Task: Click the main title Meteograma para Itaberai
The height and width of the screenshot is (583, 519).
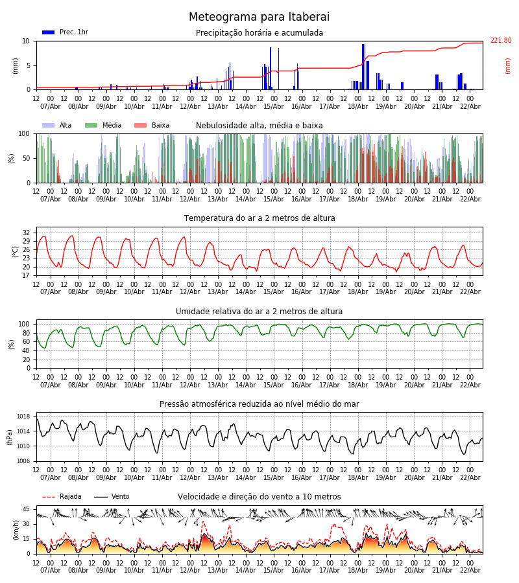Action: tap(259, 17)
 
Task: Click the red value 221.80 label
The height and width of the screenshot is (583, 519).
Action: tap(500, 41)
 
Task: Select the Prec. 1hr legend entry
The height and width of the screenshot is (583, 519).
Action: tap(65, 32)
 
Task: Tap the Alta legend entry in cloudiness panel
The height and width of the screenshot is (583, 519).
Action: tap(56, 126)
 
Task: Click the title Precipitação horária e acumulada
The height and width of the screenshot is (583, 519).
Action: tap(259, 33)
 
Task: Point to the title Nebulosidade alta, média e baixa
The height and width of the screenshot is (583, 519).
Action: tap(259, 126)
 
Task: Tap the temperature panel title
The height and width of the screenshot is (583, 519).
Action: tap(259, 218)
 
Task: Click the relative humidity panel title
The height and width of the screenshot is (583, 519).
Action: tap(259, 312)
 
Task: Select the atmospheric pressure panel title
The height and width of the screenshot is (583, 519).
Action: tap(259, 404)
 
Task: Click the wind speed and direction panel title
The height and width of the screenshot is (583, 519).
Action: tap(259, 497)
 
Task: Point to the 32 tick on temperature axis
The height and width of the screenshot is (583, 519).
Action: tap(27, 233)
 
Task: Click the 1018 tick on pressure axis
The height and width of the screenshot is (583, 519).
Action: tap(24, 417)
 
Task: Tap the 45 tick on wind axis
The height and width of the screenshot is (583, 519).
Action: tap(27, 509)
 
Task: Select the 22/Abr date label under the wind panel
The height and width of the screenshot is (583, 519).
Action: tap(470, 571)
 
